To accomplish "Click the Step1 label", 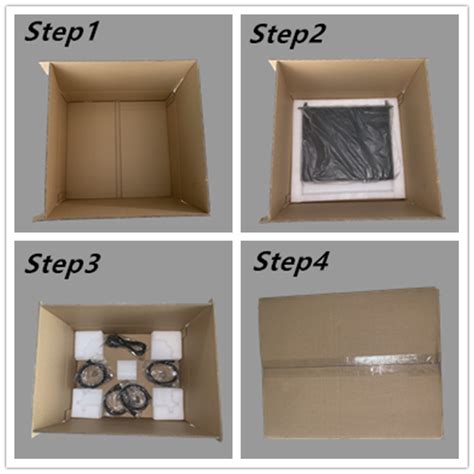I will coord(62,33).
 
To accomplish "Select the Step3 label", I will coord(62,264).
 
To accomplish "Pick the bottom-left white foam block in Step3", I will coord(88,401).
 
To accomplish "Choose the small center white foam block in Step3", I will coord(127,370).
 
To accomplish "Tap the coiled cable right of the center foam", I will coord(160,373).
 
